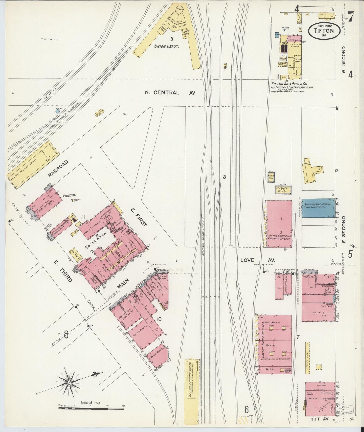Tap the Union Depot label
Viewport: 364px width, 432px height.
[167, 46]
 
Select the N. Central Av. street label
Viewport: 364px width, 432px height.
[170, 92]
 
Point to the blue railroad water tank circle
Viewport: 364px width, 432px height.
[57, 111]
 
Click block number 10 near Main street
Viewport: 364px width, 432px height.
[159, 319]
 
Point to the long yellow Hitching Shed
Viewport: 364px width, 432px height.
[307, 357]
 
